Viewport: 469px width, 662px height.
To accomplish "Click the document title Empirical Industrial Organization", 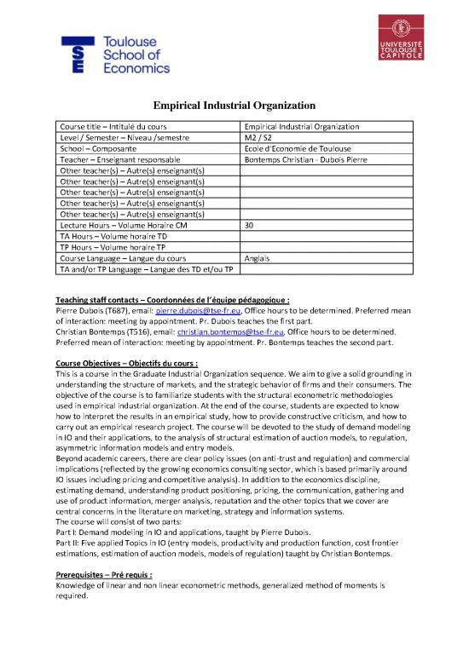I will pos(234,106).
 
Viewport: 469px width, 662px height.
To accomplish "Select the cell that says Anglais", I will pos(257,259).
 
